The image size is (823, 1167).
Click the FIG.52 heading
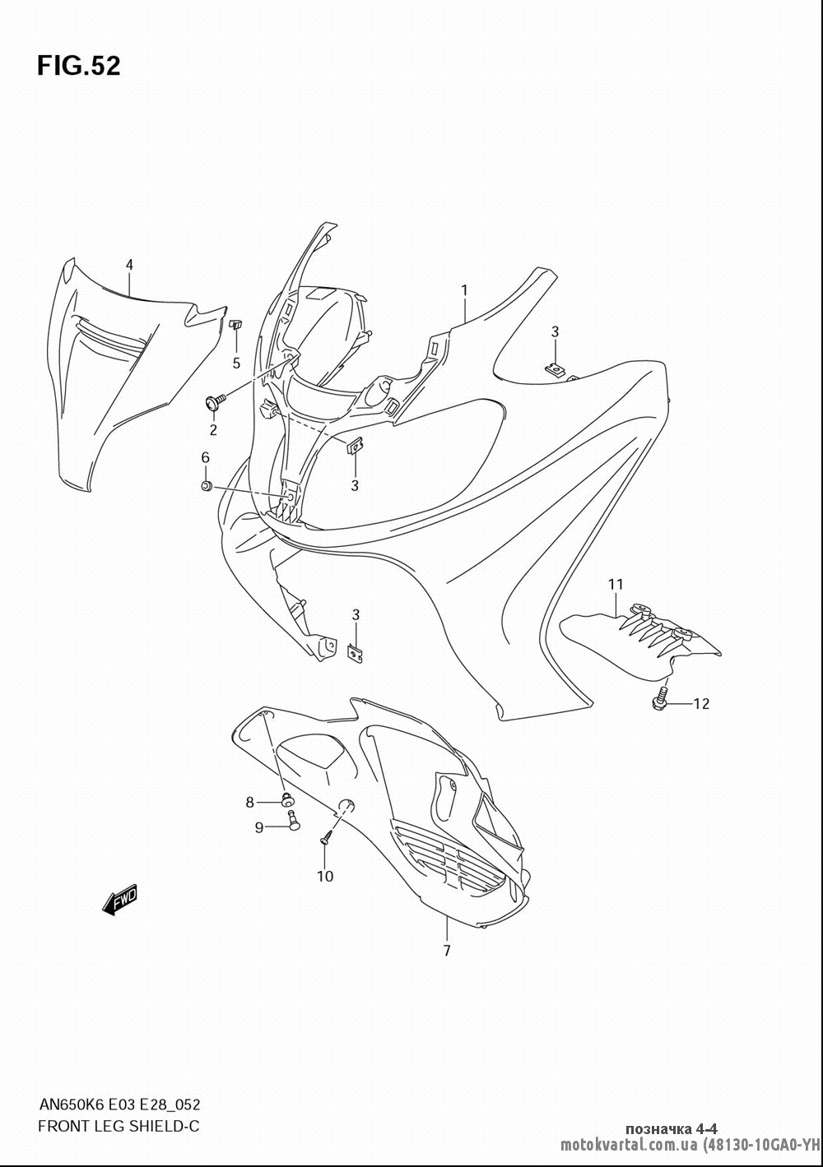pos(79,66)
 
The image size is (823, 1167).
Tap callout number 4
pos(129,265)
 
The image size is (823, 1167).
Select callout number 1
pos(463,290)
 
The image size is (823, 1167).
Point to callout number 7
pos(447,951)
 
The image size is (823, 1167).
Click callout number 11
pos(616,585)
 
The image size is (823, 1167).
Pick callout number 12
pos(701,704)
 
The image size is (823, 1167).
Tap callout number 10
pos(325,877)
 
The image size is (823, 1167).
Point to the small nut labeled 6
pos(206,486)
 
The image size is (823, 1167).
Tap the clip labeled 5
pos(235,325)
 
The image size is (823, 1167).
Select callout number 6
pos(206,457)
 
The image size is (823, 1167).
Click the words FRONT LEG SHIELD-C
pos(119,1126)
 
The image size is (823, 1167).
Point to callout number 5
pos(236,364)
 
